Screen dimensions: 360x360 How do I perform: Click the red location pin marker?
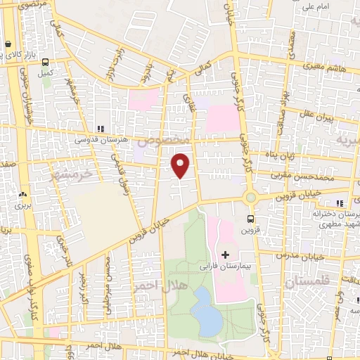click(181, 165)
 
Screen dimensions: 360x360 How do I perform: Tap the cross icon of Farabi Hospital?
click(226, 254)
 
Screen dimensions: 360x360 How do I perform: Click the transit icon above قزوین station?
click(252, 219)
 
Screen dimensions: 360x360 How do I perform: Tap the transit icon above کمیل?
click(46, 61)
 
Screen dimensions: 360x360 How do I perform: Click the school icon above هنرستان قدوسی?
click(101, 129)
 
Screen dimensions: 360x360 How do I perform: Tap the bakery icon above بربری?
click(22, 195)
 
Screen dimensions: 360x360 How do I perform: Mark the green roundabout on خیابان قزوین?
click(251, 198)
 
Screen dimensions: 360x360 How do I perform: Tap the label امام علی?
click(316, 8)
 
